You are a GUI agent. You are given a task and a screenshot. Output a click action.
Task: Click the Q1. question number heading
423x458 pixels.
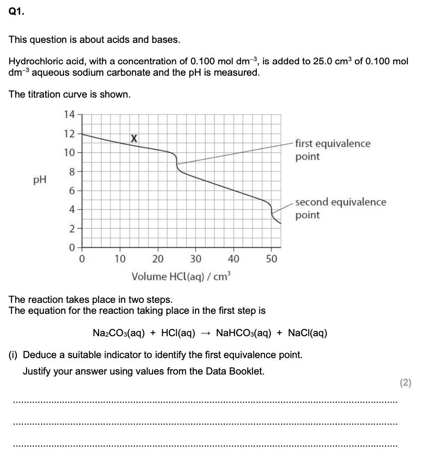(x=16, y=12)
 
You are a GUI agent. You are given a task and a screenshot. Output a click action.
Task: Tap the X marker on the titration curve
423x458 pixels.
(x=133, y=138)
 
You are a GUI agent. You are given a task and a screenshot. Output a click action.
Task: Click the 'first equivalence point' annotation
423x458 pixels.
(x=333, y=150)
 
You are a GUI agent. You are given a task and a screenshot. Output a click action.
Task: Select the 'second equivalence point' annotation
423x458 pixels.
(x=340, y=208)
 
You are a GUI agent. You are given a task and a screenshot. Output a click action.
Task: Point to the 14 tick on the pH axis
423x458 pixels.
(x=69, y=114)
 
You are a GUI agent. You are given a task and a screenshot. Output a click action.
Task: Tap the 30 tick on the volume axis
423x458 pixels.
(x=196, y=259)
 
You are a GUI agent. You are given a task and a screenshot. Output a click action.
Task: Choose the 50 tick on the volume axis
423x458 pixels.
(x=271, y=259)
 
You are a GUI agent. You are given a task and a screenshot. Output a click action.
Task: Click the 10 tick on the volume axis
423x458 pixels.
(x=120, y=259)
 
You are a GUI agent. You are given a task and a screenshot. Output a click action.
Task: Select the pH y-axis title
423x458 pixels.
(x=40, y=180)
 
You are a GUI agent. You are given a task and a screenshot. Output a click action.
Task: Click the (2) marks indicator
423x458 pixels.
(x=405, y=383)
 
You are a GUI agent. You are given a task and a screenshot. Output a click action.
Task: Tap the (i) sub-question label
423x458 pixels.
(x=14, y=355)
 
